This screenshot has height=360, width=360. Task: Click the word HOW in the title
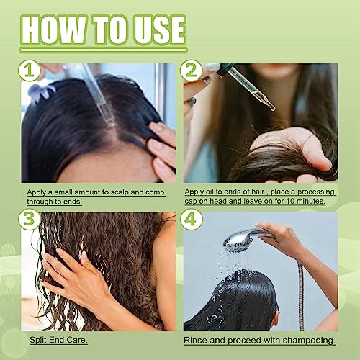coord(60,31)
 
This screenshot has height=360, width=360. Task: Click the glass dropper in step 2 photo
coord(253,94)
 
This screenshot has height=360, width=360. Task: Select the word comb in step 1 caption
coord(154,192)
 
